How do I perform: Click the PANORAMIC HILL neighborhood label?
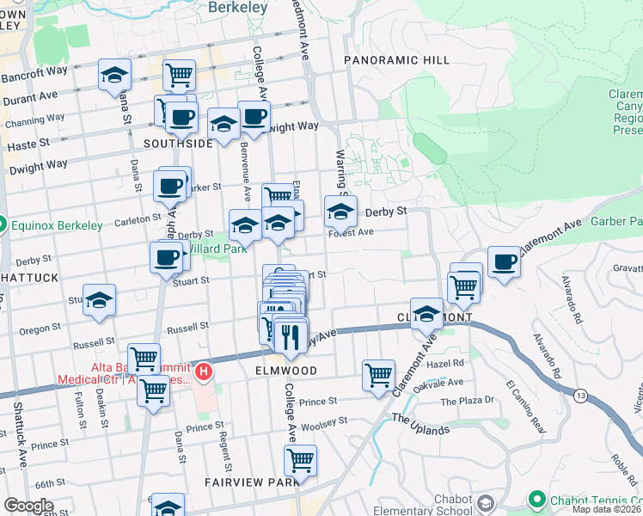[396, 60]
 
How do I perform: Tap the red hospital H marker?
[204, 372]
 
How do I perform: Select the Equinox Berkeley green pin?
[3, 225]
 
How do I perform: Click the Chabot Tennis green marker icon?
[537, 499]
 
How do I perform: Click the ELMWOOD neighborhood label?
[285, 371]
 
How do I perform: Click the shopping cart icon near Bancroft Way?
[179, 75]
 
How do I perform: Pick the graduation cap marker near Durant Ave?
[114, 75]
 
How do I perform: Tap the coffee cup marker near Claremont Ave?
[505, 261]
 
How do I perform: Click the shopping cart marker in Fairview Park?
[300, 460]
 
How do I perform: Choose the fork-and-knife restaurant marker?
[291, 333]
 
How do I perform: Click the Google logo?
[28, 506]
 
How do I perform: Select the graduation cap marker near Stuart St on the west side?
[100, 301]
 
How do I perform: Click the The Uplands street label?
[419, 424]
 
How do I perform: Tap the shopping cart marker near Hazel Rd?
[378, 375]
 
